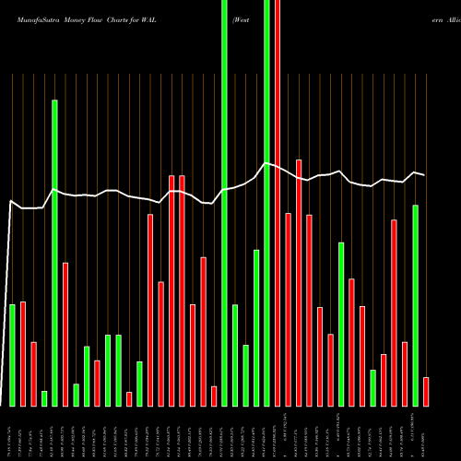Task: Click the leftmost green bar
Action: point(13,355)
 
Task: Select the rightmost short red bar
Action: point(426,392)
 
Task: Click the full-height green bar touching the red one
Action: point(267,203)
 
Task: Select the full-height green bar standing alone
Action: point(225,203)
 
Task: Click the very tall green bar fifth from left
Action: point(55,253)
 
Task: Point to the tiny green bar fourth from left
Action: point(44,398)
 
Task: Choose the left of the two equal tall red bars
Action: point(171,290)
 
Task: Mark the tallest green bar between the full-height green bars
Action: point(256,327)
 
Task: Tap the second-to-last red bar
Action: point(405,373)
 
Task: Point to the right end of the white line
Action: point(425,174)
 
